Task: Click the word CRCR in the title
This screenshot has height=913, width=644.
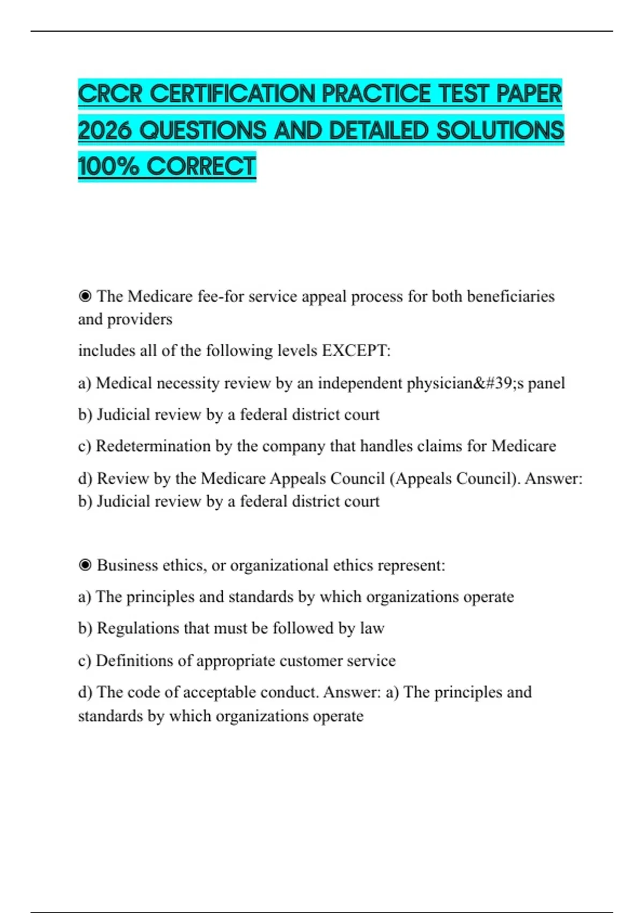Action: pos(111,94)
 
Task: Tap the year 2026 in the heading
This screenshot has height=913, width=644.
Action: pos(105,131)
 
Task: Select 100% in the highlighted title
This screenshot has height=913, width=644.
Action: pos(108,166)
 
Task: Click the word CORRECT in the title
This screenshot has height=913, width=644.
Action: pos(201,166)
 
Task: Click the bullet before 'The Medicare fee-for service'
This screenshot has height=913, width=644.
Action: pos(85,296)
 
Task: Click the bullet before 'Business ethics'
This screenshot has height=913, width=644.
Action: pos(85,565)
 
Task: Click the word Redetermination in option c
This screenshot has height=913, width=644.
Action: pos(153,446)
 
